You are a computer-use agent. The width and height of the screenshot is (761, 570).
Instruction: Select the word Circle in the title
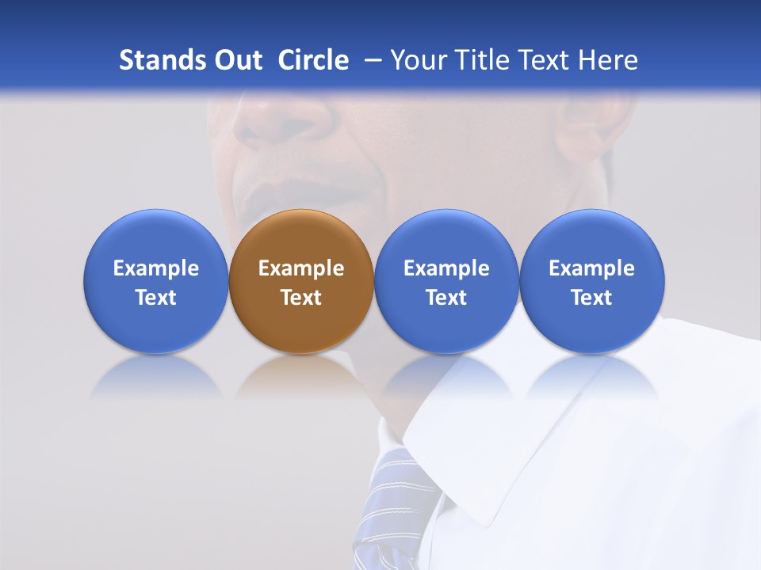coord(313,60)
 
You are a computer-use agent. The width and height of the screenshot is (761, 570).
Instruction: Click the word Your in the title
coord(415,60)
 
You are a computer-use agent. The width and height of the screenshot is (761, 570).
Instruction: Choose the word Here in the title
coord(606,60)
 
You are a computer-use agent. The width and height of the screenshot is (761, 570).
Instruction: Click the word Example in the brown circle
coord(301,268)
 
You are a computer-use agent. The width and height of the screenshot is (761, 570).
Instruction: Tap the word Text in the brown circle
coord(301,298)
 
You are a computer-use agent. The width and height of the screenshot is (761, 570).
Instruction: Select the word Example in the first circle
coord(155,268)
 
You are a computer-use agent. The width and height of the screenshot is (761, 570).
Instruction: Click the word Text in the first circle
coord(155,298)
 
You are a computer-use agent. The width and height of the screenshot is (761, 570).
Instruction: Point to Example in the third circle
coord(446,268)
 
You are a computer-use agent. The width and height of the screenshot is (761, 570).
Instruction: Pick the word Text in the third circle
coord(446,298)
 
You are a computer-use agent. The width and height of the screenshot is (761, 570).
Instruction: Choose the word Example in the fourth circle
coord(591,268)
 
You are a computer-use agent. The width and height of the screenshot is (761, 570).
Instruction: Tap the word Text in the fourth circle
coord(591,298)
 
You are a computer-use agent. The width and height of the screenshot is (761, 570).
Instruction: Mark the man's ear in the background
coord(591,131)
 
